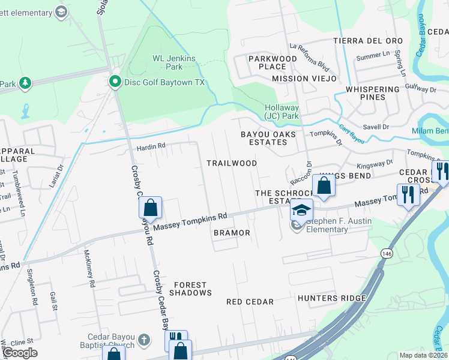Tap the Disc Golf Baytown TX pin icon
tap(114, 82)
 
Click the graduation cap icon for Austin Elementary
tap(302, 210)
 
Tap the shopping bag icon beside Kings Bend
tap(324, 186)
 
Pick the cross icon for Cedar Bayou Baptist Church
tap(143, 340)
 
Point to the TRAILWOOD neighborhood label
tap(232, 163)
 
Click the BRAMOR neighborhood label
tap(231, 232)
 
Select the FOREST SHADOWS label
tap(190, 289)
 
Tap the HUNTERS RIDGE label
tap(331, 298)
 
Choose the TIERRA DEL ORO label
tap(368, 41)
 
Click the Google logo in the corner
tap(20, 353)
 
